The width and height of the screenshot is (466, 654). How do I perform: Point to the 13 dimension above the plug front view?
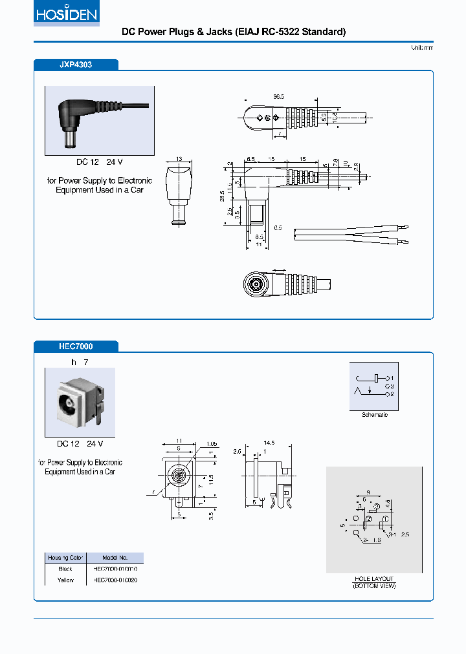tap(179, 158)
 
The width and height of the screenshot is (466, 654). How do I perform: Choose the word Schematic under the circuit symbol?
tap(374, 415)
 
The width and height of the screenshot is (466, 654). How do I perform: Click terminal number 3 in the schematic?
tap(392, 386)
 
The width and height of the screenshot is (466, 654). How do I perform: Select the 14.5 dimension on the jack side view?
tap(269, 443)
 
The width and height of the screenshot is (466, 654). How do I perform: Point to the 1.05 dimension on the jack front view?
tap(212, 444)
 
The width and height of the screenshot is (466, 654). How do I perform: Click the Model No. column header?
tap(115, 558)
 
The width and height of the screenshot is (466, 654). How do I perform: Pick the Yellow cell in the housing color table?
tap(65, 580)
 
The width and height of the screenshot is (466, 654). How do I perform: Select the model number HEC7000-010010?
tap(115, 569)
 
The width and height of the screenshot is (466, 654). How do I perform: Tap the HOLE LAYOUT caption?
tap(373, 578)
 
